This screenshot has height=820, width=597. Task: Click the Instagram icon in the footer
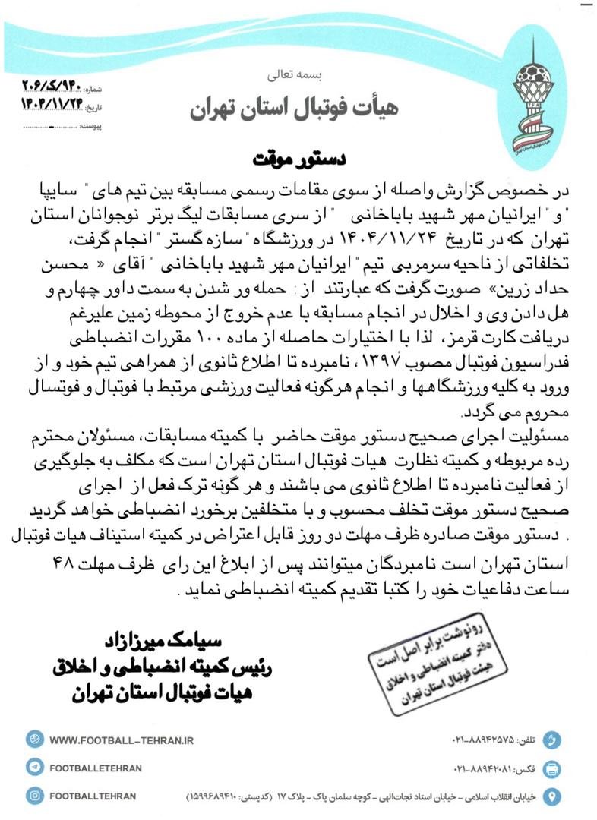(x=33, y=796)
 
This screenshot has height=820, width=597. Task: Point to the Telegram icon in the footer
(x=33, y=768)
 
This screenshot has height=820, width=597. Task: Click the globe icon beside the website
(x=33, y=740)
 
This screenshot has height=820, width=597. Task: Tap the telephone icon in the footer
(x=553, y=740)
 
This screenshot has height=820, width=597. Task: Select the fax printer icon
(x=553, y=768)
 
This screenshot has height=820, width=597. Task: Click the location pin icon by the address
(x=553, y=796)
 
